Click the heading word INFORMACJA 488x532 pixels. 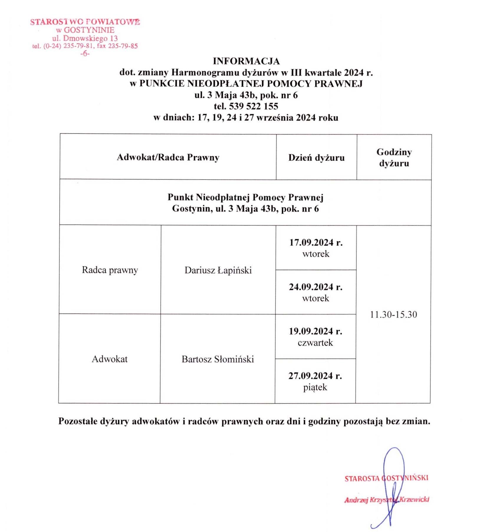pos(246,61)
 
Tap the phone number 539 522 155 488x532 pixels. pos(254,106)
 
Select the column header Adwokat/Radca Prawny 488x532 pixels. pos(168,157)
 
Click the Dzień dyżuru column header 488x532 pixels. pos(316,158)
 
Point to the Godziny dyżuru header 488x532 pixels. pos(394,158)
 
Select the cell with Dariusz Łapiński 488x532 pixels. pos(218,270)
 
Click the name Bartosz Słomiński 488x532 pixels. pos(218,359)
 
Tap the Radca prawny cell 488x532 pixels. pos(110,270)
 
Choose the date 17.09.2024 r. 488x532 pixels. pos(316,243)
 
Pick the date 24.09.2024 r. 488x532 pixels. pos(316,287)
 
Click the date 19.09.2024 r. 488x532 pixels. pos(315,331)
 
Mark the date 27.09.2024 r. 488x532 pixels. pos(315,376)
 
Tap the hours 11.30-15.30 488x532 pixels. pos(393,315)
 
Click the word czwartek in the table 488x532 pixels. pos(315,343)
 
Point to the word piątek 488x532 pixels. pos(315,387)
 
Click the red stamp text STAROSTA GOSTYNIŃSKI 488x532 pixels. pos(386,478)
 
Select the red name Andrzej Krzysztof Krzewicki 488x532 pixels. pos(386,500)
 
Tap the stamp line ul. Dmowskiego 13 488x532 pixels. pos(85,38)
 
